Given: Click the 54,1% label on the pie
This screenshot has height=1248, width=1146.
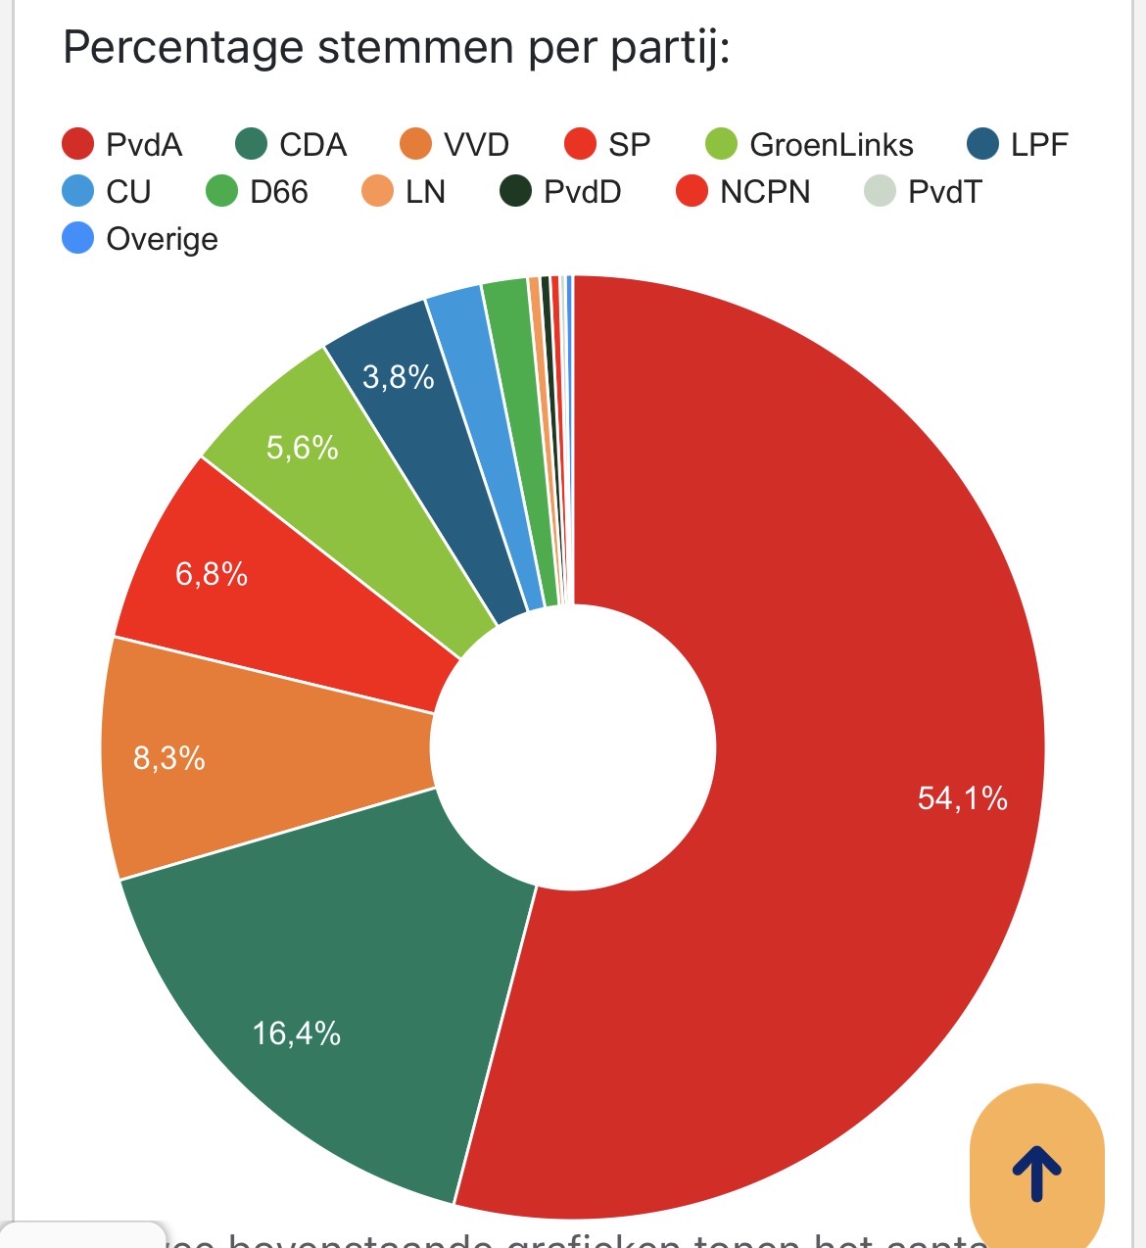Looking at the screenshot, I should tap(962, 798).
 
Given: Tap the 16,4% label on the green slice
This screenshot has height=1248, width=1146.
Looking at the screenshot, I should tap(296, 1032).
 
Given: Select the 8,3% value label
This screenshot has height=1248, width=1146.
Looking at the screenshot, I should tap(168, 757).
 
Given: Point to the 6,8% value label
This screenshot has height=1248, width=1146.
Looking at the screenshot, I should tap(211, 573).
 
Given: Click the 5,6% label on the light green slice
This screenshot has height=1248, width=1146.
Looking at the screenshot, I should tap(302, 448).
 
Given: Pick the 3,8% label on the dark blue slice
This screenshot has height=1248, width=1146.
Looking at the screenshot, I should tap(398, 376).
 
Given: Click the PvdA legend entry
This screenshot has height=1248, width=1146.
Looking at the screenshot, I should tap(122, 145).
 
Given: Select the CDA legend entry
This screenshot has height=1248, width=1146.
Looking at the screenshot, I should tap(292, 145).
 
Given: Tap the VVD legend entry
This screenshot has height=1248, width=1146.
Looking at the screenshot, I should tap(455, 145).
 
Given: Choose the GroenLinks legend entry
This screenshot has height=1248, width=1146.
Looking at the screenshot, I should tap(810, 145).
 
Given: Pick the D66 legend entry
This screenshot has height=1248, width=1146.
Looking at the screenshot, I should tap(258, 191).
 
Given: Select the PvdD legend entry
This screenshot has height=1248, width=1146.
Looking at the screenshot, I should tap(560, 191).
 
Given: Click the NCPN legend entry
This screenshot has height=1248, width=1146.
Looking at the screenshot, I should tap(743, 191).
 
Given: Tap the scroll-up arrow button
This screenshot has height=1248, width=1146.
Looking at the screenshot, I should tap(1036, 1173).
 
